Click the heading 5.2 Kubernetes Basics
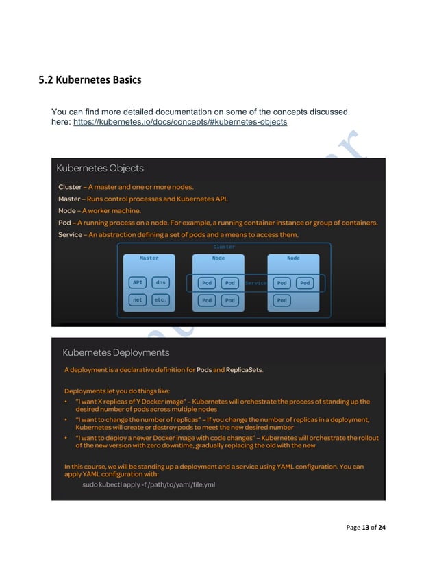pyautogui.click(x=90, y=80)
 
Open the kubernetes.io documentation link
pyautogui.click(x=179, y=122)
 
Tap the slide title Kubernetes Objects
pyautogui.click(x=100, y=169)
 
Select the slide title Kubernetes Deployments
pyautogui.click(x=116, y=353)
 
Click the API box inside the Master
pyautogui.click(x=138, y=282)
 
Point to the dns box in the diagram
pyautogui.click(x=160, y=282)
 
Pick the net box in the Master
pyautogui.click(x=138, y=300)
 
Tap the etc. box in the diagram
pyautogui.click(x=160, y=300)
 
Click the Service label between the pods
pyautogui.click(x=255, y=283)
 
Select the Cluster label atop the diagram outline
pyautogui.click(x=224, y=247)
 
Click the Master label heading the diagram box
pyautogui.click(x=149, y=258)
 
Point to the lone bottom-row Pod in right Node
pyautogui.click(x=282, y=300)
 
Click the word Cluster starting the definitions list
pyautogui.click(x=70, y=187)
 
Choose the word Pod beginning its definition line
pyautogui.click(x=65, y=223)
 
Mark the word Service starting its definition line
pyautogui.click(x=71, y=235)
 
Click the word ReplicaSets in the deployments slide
pyautogui.click(x=245, y=370)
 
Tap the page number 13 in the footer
pyautogui.click(x=366, y=528)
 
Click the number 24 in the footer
pyautogui.click(x=382, y=528)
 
